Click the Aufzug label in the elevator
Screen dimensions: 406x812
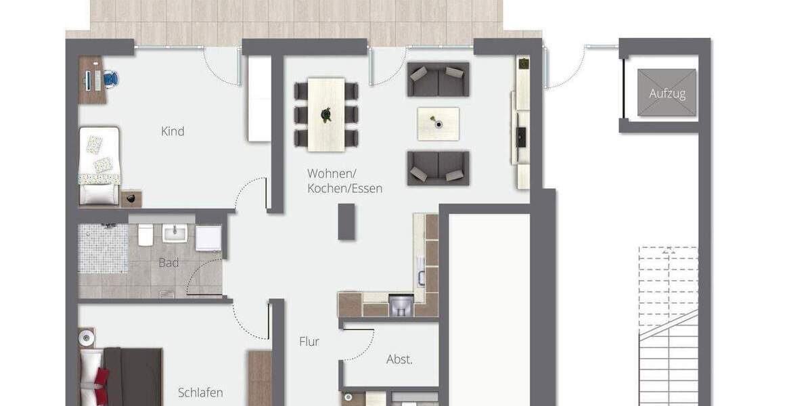coord(667,93)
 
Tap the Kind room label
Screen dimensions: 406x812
coord(173,131)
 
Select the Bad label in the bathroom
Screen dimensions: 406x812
coord(168,263)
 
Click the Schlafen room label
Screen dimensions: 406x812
coord(200,392)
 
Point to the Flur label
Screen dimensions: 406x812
coord(309,342)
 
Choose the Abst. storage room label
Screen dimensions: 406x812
coord(399,359)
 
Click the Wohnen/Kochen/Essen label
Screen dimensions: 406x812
coord(344,181)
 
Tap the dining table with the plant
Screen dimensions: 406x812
coord(326,114)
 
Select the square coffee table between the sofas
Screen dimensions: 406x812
coord(438,124)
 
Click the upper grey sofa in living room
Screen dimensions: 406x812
coord(438,80)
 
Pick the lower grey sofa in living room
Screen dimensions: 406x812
coord(438,168)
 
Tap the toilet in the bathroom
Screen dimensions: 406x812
coord(145,235)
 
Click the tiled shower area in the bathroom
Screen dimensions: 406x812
coord(102,248)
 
